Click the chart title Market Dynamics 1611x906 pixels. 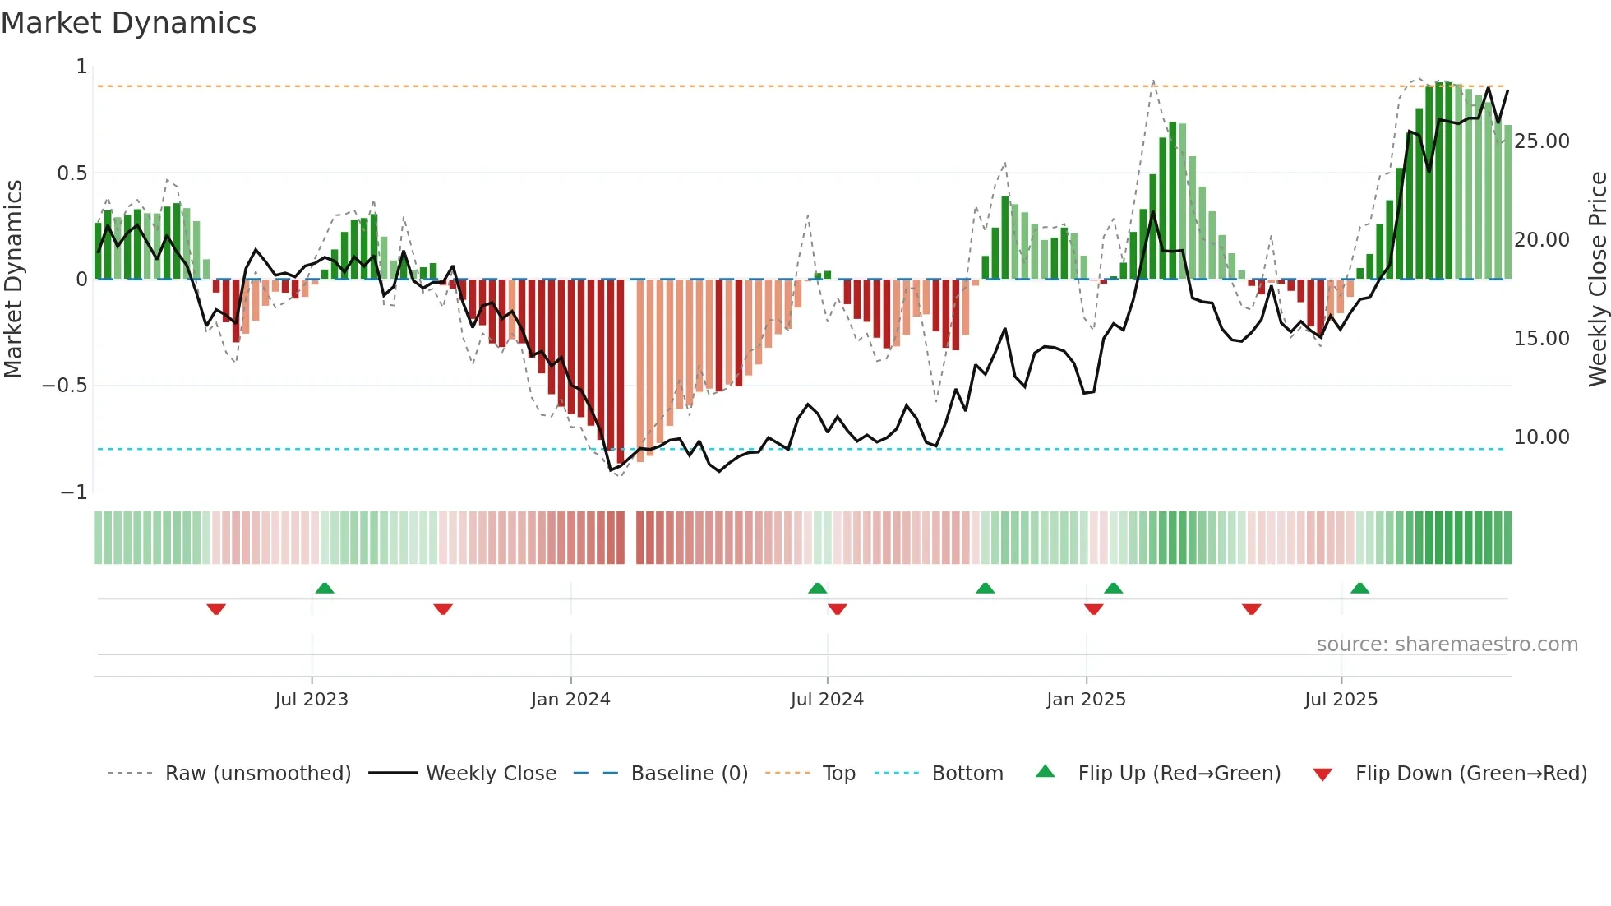coord(129,23)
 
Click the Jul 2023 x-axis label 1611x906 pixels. coord(312,700)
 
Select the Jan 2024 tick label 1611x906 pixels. coord(570,700)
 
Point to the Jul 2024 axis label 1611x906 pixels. coord(827,700)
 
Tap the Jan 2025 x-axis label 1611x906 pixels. coord(1086,700)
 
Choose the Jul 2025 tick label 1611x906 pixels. coord(1341,700)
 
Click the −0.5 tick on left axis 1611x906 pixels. coord(65,386)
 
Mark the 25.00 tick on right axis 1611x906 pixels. coord(1542,141)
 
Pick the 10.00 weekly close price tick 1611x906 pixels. coord(1542,437)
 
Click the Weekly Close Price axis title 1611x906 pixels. coord(1597,279)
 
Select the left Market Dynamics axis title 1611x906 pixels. coord(13,279)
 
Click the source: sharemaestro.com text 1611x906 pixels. coord(1447,645)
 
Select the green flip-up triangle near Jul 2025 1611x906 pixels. coord(1359,588)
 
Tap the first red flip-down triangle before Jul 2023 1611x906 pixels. coord(216,609)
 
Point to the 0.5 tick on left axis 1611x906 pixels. coord(72,173)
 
